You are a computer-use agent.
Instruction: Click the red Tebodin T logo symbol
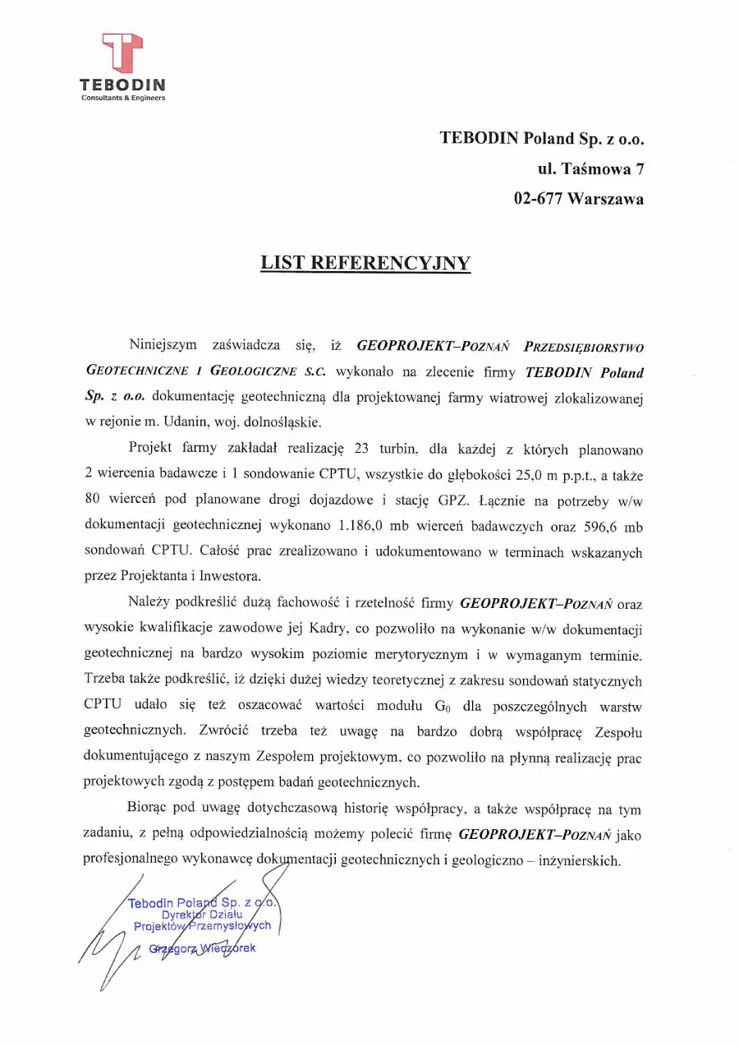(122, 53)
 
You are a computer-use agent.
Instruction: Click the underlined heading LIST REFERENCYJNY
(365, 263)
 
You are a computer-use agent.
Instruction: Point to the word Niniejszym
(163, 343)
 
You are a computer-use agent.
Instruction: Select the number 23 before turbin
(361, 449)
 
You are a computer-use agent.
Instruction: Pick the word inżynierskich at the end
(581, 861)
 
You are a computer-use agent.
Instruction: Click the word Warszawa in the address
(608, 198)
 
